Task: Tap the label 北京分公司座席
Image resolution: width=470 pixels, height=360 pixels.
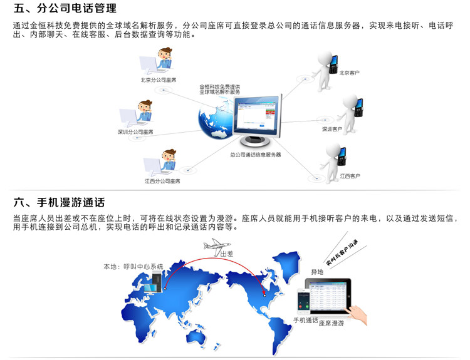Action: (158, 81)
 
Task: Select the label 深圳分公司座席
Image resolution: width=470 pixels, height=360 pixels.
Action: (135, 132)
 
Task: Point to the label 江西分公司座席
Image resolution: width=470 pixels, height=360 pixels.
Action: (162, 181)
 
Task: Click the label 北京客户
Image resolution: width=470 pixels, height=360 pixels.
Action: (349, 73)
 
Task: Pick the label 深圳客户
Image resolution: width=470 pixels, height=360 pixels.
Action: (332, 129)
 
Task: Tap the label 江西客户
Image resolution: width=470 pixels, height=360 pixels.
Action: (350, 176)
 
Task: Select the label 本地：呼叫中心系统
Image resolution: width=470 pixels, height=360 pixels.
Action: (133, 266)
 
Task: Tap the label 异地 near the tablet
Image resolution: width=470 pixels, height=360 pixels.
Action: (317, 272)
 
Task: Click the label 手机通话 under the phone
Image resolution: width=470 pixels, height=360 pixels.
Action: (305, 321)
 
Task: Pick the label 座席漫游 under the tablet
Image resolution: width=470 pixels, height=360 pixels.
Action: (332, 324)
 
